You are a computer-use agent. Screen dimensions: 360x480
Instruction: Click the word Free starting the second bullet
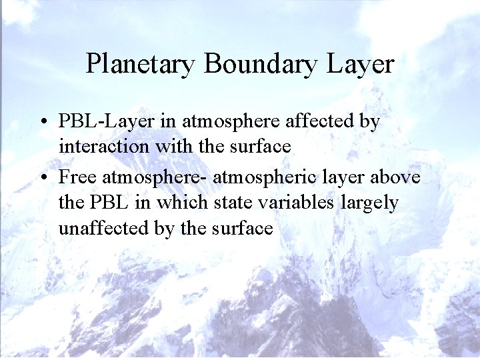77,177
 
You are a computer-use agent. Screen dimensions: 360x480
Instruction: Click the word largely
370,202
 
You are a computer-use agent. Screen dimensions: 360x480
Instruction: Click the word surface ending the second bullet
243,228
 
